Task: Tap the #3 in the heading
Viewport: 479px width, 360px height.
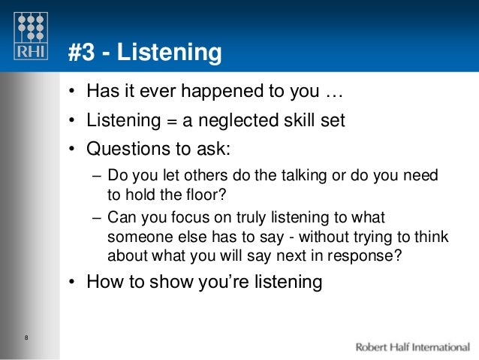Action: point(81,53)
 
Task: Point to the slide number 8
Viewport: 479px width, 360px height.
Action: point(26,336)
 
